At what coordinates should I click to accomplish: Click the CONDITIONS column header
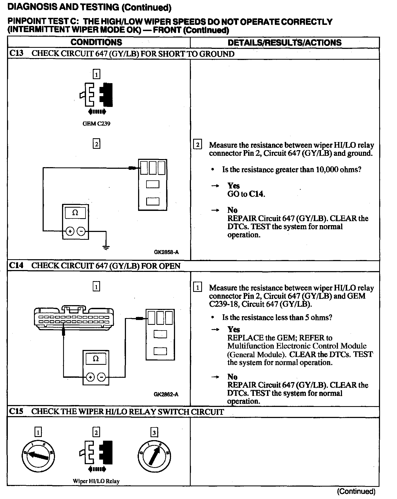coord(96,42)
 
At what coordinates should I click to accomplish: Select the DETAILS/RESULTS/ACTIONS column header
coord(285,42)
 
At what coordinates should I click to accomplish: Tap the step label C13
coord(16,53)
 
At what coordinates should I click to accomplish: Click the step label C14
coord(16,265)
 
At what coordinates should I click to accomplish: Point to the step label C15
coord(16,412)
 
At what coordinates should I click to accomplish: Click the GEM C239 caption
coord(96,124)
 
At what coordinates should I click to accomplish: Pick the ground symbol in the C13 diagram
coord(106,247)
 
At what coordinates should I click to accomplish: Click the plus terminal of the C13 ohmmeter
coord(70,231)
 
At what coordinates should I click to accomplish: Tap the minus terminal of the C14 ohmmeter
coord(101,377)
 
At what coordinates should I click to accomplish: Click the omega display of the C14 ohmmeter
coord(96,359)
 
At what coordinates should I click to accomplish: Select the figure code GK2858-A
coord(166,252)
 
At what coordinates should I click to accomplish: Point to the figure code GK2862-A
coord(166,395)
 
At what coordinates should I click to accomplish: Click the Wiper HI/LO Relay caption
coord(96,481)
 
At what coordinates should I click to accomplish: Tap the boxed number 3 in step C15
coord(154,433)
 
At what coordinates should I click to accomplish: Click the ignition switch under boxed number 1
coord(39,456)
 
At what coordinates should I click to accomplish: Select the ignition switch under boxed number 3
coord(154,456)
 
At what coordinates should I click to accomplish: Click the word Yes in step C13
coord(234,186)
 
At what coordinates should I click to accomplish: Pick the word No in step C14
coord(232,377)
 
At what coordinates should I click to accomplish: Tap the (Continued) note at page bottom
coord(356,491)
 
